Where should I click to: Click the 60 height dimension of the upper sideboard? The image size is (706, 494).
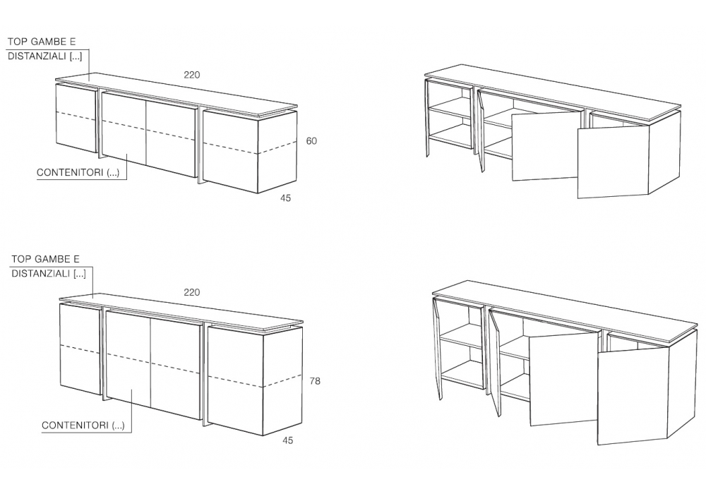311,141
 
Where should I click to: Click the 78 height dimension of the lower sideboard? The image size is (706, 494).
315,381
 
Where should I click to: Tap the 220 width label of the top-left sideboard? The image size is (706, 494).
192,75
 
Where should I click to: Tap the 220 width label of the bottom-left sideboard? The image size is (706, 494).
192,292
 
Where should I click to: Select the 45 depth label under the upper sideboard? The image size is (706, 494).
285,198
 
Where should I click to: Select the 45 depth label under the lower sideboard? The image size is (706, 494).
288,440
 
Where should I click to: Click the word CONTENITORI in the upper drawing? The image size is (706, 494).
70,173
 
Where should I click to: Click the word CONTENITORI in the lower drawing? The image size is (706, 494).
76,425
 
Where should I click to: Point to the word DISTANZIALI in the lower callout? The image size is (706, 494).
41,274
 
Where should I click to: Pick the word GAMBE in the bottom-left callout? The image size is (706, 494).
52,259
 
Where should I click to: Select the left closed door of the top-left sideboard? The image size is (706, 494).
76,118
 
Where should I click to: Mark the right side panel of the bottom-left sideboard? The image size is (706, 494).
282,381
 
